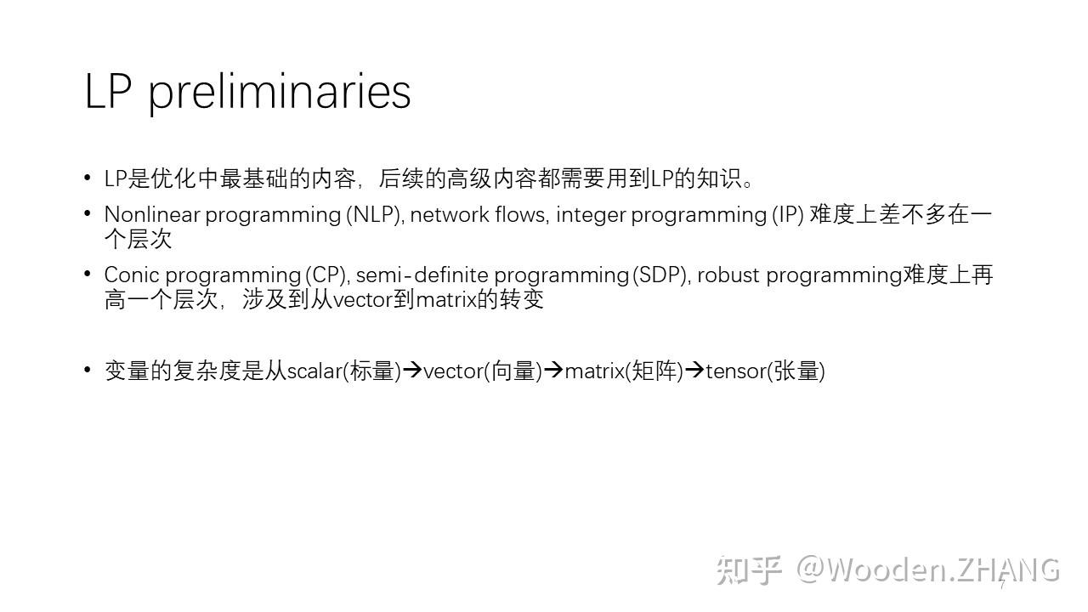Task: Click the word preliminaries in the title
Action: (280, 92)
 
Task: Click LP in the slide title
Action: (108, 91)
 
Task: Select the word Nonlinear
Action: (151, 214)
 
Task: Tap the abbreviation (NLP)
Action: (374, 214)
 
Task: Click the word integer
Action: (591, 215)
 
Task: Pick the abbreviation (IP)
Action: (787, 214)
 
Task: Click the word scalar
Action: (314, 371)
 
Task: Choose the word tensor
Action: (735, 371)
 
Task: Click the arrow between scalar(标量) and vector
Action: (412, 371)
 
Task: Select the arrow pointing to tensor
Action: (694, 371)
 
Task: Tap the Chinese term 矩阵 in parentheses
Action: (654, 371)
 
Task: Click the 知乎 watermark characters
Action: (748, 569)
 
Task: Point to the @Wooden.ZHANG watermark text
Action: (927, 569)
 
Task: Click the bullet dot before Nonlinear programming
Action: (88, 213)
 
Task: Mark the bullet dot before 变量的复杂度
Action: (88, 370)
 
